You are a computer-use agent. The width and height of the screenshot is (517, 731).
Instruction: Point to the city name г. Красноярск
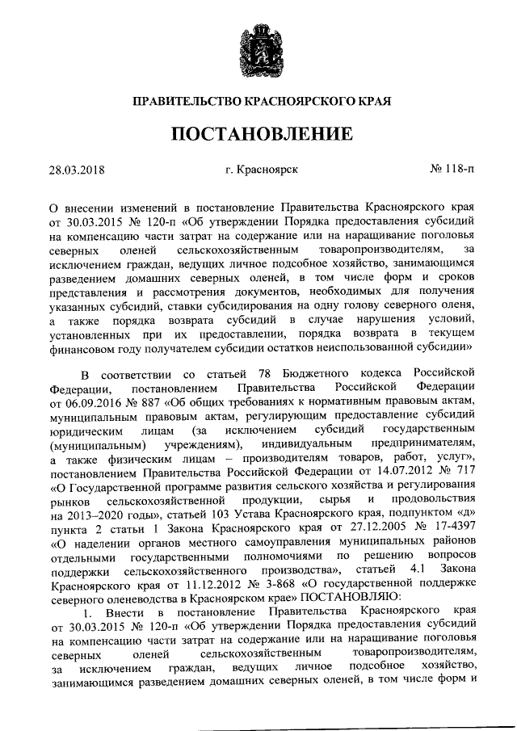click(x=263, y=170)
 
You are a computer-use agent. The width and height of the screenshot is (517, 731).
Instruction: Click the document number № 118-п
click(x=452, y=170)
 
